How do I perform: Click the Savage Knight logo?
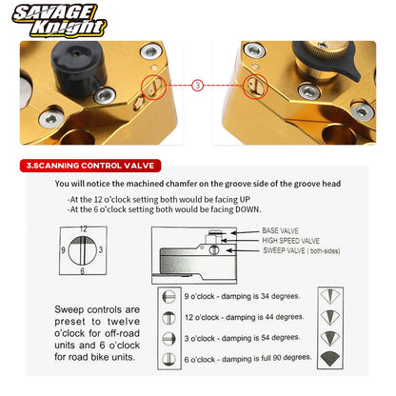tap(59, 21)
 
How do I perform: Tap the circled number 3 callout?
tap(197, 85)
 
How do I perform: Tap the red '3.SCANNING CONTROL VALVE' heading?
tap(90, 166)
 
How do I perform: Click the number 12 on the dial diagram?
tap(83, 228)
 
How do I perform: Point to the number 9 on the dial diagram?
tap(63, 250)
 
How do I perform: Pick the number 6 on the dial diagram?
tap(83, 271)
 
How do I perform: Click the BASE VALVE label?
tap(280, 230)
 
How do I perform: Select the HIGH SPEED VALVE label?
tap(290, 241)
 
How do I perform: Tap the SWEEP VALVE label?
tap(302, 250)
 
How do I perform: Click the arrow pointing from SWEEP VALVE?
tap(243, 250)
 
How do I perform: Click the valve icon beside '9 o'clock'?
tap(168, 297)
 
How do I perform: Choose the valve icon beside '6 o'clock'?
tap(168, 359)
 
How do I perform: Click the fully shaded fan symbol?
tap(330, 359)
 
